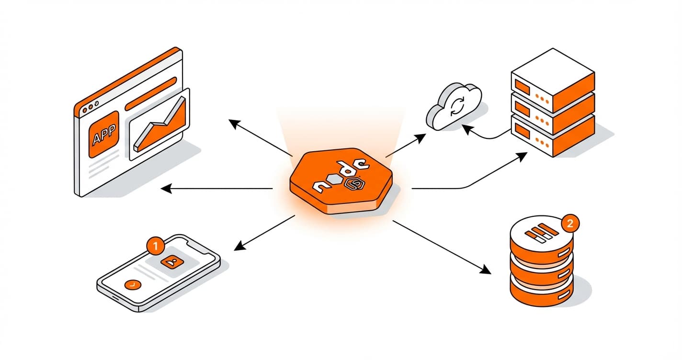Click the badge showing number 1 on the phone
pos(155,246)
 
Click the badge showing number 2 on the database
pos(569,223)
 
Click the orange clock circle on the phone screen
pos(132,284)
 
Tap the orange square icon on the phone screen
pos(171,261)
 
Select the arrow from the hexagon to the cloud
pos(405,146)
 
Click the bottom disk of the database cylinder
pos(541,290)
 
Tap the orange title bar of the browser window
pos(129,77)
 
